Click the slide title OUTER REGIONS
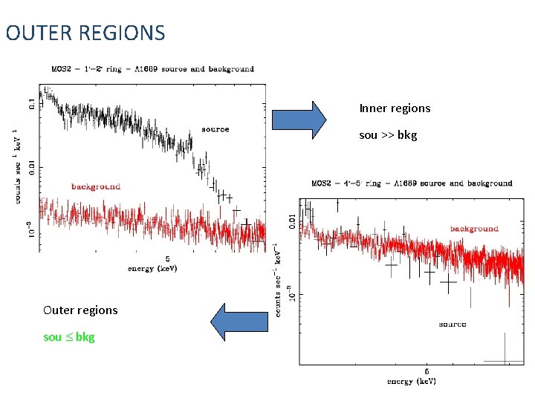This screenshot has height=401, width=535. click(x=85, y=33)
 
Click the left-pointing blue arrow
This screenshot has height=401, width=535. click(x=239, y=321)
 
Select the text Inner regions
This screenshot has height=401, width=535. click(x=395, y=108)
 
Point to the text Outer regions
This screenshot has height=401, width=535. click(x=80, y=310)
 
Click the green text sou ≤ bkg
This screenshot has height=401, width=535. click(x=69, y=337)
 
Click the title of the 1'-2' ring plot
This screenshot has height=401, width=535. click(x=152, y=69)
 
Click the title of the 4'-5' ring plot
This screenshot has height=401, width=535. click(x=411, y=183)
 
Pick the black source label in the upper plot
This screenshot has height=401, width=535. click(x=215, y=129)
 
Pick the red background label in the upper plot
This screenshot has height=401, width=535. click(x=96, y=186)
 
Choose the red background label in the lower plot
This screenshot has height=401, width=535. click(x=474, y=229)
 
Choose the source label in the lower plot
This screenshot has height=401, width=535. click(x=453, y=324)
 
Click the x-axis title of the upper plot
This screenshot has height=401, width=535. click(x=152, y=268)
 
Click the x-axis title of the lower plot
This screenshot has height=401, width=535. click(x=411, y=382)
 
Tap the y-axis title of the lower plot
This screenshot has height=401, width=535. click(x=276, y=278)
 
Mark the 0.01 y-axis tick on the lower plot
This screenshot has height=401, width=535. click(x=290, y=220)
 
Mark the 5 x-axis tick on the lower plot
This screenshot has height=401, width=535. click(x=427, y=371)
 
